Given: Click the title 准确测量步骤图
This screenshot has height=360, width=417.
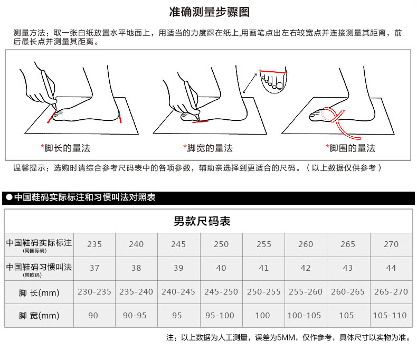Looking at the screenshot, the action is [210, 12].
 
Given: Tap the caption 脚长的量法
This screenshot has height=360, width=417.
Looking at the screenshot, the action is [67, 148].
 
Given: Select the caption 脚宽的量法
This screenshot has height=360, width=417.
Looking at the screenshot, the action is [210, 148].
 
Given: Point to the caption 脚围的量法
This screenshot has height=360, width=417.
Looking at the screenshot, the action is [353, 148].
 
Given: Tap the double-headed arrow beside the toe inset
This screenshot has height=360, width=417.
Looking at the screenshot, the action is [250, 83].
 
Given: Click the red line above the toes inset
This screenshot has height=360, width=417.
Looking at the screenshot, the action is [273, 71].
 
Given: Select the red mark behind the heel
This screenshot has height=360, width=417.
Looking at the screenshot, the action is [120, 117].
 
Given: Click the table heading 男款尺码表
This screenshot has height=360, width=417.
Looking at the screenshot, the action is [202, 221].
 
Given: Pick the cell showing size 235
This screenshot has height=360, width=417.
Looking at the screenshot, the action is [94, 244].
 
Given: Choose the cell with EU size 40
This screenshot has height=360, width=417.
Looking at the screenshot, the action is [221, 268].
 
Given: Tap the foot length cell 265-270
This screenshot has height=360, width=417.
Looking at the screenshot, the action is [391, 292].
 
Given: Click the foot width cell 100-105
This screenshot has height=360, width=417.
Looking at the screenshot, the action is [304, 315].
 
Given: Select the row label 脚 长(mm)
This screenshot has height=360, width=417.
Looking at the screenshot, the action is [39, 293].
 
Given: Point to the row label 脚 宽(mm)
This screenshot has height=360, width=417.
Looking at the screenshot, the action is [39, 316].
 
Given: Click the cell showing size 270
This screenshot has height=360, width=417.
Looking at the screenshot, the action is [391, 244].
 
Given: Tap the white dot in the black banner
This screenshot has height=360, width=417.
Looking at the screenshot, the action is [10, 197].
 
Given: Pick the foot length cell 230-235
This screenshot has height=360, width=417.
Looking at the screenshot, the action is [94, 292].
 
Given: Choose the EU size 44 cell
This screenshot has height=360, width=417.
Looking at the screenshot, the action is [391, 268].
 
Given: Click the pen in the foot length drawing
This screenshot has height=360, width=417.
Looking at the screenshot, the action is [49, 89].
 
